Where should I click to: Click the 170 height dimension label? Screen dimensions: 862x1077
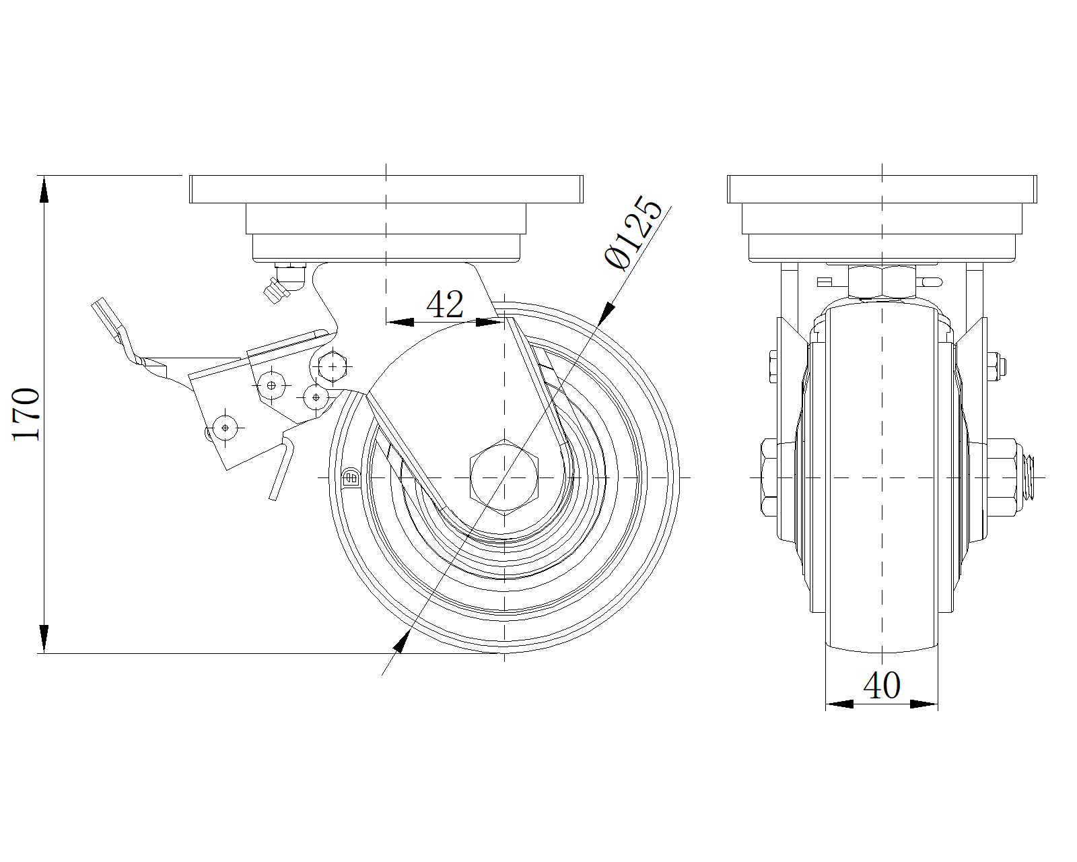pos(27,413)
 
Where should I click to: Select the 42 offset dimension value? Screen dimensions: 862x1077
pos(445,304)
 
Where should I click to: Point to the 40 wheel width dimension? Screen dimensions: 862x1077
pos(881,686)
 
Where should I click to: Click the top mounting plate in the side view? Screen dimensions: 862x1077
pos(386,189)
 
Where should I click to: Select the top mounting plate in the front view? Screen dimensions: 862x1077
pos(882,189)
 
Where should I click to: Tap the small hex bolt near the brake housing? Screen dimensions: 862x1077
pos(331,366)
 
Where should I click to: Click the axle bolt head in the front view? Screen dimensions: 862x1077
pos(769,477)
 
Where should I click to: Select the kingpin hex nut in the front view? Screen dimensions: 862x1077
pos(882,281)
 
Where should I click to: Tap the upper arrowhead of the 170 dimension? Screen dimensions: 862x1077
pos(44,189)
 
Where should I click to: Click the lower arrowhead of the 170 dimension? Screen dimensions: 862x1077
pos(44,638)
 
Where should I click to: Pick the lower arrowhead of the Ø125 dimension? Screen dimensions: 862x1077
pos(400,642)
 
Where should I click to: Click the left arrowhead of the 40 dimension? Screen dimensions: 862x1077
pos(839,704)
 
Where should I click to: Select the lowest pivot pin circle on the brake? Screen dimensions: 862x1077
pos(225,426)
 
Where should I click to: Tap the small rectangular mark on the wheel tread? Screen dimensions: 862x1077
pos(351,478)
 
